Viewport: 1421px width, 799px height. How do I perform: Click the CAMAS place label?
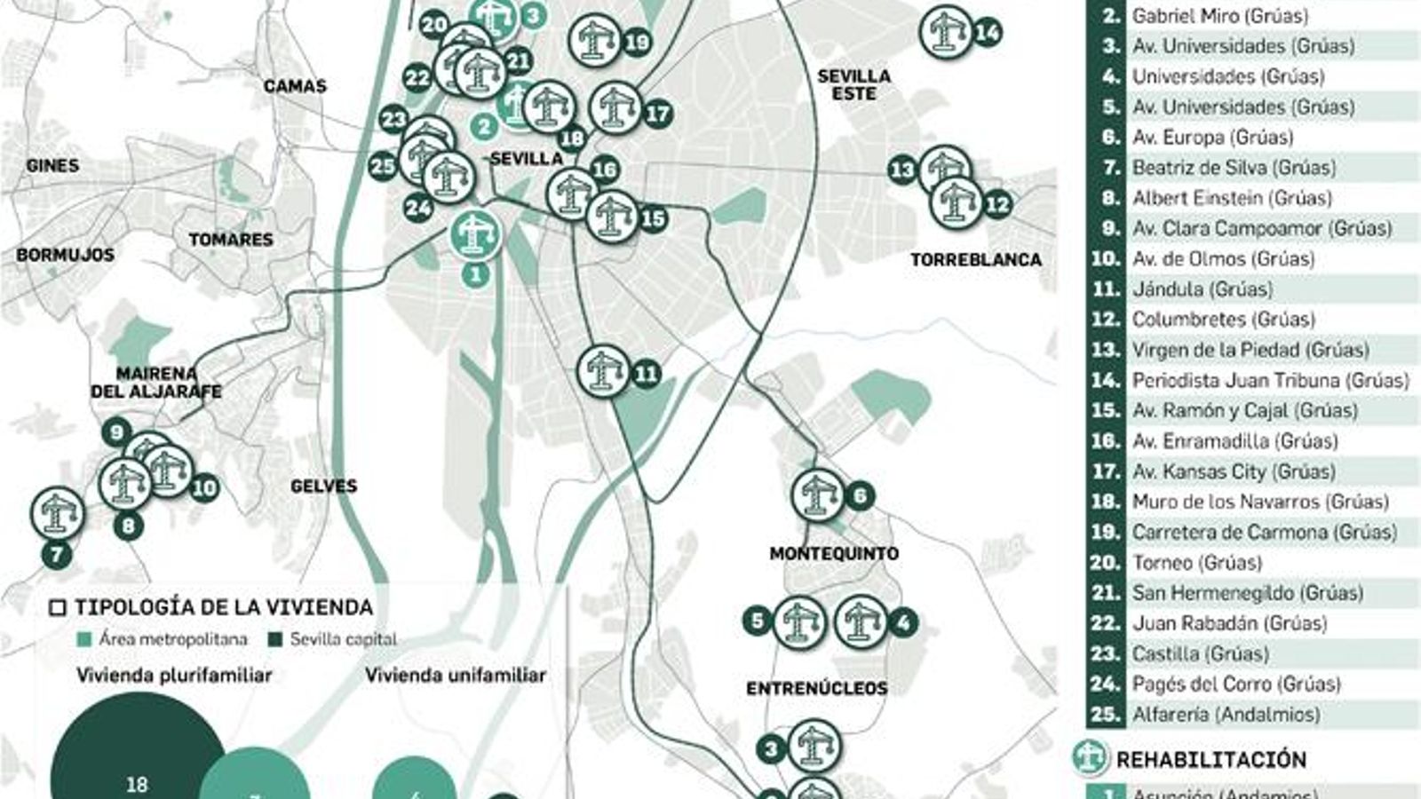pos(295,86)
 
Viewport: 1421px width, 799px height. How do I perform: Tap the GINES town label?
pos(52,165)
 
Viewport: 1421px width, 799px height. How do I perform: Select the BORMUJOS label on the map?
pos(65,255)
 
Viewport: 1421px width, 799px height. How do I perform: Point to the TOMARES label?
pos(231,240)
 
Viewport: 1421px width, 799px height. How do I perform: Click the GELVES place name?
pos(323,486)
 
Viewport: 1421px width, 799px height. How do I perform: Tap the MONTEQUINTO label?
pos(834,553)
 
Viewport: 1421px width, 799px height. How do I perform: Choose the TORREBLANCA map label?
pos(975,259)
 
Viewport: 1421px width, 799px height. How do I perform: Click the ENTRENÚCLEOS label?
pos(816,688)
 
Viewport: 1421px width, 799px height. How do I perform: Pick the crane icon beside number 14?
pos(946,33)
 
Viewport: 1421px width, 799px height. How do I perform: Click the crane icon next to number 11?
pos(604,372)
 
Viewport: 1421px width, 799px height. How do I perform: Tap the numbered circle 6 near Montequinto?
pos(860,495)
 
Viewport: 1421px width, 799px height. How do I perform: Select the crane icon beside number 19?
pos(595,41)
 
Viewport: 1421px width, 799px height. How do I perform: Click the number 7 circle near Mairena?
pos(57,555)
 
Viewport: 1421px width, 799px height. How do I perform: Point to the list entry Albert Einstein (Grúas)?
pos(1231,198)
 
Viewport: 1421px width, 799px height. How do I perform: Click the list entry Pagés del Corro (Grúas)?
pos(1235,684)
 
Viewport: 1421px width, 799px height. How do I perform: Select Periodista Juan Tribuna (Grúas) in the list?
pos(1270,380)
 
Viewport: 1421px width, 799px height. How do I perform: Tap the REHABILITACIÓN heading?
pos(1211,759)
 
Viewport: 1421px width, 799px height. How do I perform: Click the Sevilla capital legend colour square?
pos(274,639)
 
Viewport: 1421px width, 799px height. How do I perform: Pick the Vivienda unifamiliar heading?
pos(456,676)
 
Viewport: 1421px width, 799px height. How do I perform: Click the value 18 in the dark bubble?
pos(137,784)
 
